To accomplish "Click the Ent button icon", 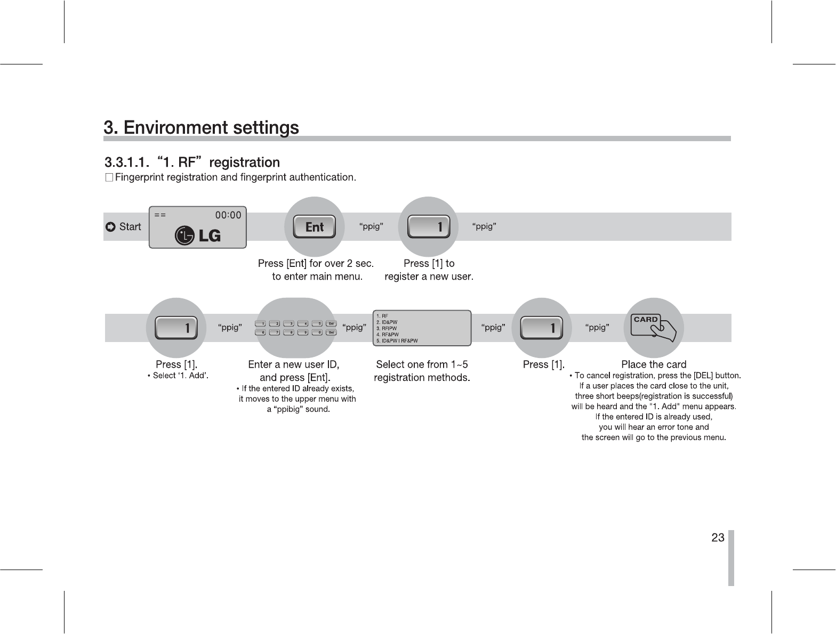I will (x=315, y=227).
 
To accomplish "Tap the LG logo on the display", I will (x=198, y=235).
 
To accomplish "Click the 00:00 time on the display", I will (x=228, y=215).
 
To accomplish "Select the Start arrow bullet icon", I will (x=110, y=227).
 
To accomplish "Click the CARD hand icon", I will (x=653, y=327).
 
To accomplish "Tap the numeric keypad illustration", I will (x=295, y=328).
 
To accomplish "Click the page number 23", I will (x=718, y=537).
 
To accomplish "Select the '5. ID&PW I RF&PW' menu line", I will (x=397, y=340).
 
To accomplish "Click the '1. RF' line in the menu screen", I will (x=382, y=316).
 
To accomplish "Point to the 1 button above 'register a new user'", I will (x=428, y=227).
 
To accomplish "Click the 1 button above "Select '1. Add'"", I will (x=176, y=328).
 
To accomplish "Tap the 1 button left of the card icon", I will (x=541, y=328).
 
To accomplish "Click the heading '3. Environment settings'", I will (x=201, y=128).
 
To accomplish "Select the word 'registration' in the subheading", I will (x=244, y=162).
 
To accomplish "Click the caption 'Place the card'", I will (x=654, y=364).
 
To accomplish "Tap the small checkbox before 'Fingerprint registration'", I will (x=109, y=177).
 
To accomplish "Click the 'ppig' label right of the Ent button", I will (x=371, y=226).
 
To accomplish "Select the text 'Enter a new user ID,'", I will (x=294, y=364).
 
